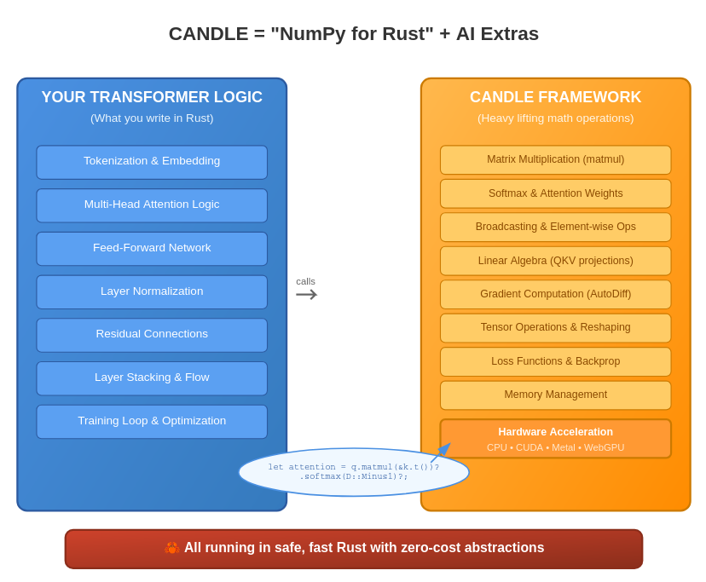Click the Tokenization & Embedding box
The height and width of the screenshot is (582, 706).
pos(152,162)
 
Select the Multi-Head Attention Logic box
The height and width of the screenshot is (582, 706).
pos(152,205)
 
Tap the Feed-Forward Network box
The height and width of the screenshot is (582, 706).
pos(152,249)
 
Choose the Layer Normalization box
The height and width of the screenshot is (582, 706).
pos(152,291)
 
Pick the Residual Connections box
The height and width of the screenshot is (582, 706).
pos(152,335)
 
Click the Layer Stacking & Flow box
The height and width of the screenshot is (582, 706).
pos(152,378)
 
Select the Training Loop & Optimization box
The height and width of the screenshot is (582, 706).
pos(152,422)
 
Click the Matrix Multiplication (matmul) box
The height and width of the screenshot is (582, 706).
pos(555,160)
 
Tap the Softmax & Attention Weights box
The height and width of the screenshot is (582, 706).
pos(555,193)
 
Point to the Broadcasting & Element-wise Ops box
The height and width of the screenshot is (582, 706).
pos(555,227)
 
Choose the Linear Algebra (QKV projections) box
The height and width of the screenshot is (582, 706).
pos(555,261)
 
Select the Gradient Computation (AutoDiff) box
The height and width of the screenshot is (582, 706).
pos(555,294)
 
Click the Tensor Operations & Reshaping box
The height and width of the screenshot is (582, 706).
pos(555,328)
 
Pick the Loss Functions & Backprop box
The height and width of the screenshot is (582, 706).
pos(555,361)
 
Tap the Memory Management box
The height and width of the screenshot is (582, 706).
pos(555,395)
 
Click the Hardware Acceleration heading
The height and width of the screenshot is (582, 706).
pos(555,432)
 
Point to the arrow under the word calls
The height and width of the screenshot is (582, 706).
pos(307,294)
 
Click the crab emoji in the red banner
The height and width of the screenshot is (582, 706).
pos(171,548)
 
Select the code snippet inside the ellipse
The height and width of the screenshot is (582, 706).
pos(354,472)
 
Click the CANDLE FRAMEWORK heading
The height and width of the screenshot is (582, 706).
pos(555,97)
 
